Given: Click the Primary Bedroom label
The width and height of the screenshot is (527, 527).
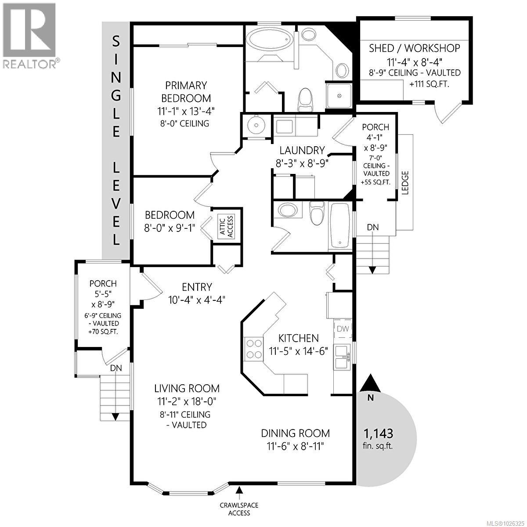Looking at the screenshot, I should [186, 91].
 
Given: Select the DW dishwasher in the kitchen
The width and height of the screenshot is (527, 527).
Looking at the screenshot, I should [343, 328].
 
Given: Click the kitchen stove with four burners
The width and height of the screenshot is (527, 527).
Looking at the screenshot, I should [253, 349].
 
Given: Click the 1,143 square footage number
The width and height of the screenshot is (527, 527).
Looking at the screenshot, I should [378, 433].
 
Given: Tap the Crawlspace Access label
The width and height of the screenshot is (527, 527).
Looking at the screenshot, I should [240, 509].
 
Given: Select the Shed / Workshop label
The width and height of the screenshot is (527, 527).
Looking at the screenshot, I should [414, 48].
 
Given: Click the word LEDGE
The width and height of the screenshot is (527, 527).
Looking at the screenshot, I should [405, 183].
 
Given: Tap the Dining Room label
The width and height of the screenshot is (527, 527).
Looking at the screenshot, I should [295, 433].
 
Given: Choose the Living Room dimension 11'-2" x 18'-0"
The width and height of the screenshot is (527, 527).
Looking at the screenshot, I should [187, 401].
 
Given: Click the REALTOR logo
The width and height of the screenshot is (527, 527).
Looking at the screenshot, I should [30, 35].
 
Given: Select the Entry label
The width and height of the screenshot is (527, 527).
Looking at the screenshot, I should [197, 287].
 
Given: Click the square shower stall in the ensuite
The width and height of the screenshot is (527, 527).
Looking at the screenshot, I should [339, 95].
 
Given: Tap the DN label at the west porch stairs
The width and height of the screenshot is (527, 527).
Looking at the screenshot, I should [116, 368].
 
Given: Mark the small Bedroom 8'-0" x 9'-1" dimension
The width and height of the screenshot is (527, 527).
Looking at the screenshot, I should [170, 228].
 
